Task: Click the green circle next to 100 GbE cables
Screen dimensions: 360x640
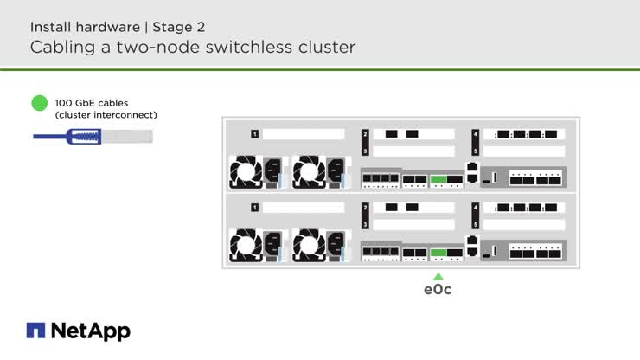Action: click(40, 104)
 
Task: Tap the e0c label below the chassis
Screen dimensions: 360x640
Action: click(438, 290)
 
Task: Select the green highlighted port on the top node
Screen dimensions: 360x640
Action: click(438, 179)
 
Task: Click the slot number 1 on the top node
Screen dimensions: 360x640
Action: click(255, 134)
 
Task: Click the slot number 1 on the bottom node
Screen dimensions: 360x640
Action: click(255, 208)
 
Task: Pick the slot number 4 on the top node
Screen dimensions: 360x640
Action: click(476, 134)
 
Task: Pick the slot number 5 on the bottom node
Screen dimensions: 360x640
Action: click(476, 224)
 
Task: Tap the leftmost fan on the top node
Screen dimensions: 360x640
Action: click(245, 173)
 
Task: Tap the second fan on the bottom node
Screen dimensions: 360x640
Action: click(308, 247)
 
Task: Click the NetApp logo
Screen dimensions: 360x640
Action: click(79, 331)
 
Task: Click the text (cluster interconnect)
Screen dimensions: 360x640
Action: click(106, 115)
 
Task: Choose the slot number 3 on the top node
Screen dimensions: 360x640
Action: click(366, 151)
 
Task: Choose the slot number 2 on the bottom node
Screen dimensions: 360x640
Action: click(366, 208)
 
